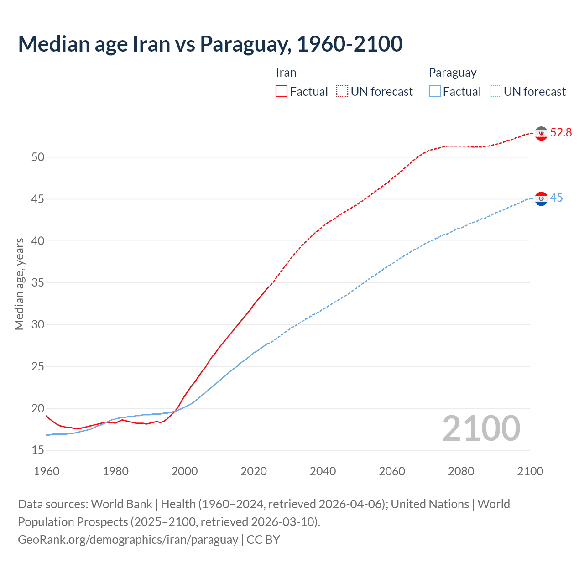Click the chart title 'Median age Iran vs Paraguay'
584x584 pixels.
210,44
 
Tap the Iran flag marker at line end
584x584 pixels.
541,133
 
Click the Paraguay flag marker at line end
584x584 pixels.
541,199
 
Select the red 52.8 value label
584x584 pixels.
561,133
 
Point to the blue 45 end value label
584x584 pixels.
556,198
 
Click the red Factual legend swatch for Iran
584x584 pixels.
282,92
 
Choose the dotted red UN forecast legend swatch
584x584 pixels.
342,92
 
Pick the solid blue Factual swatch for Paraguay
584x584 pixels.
435,92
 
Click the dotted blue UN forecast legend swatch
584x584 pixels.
495,92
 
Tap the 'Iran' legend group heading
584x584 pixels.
286,73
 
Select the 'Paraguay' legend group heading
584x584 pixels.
453,73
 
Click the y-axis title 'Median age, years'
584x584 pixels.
19,284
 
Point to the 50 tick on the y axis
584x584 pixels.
38,157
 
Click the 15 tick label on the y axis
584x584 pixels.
38,450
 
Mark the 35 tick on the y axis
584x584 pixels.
38,283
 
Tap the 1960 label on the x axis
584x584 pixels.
47,472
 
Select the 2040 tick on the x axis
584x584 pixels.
323,472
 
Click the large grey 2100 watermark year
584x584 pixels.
481,428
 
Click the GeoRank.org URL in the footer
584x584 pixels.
128,540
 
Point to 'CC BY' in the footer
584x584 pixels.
263,540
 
